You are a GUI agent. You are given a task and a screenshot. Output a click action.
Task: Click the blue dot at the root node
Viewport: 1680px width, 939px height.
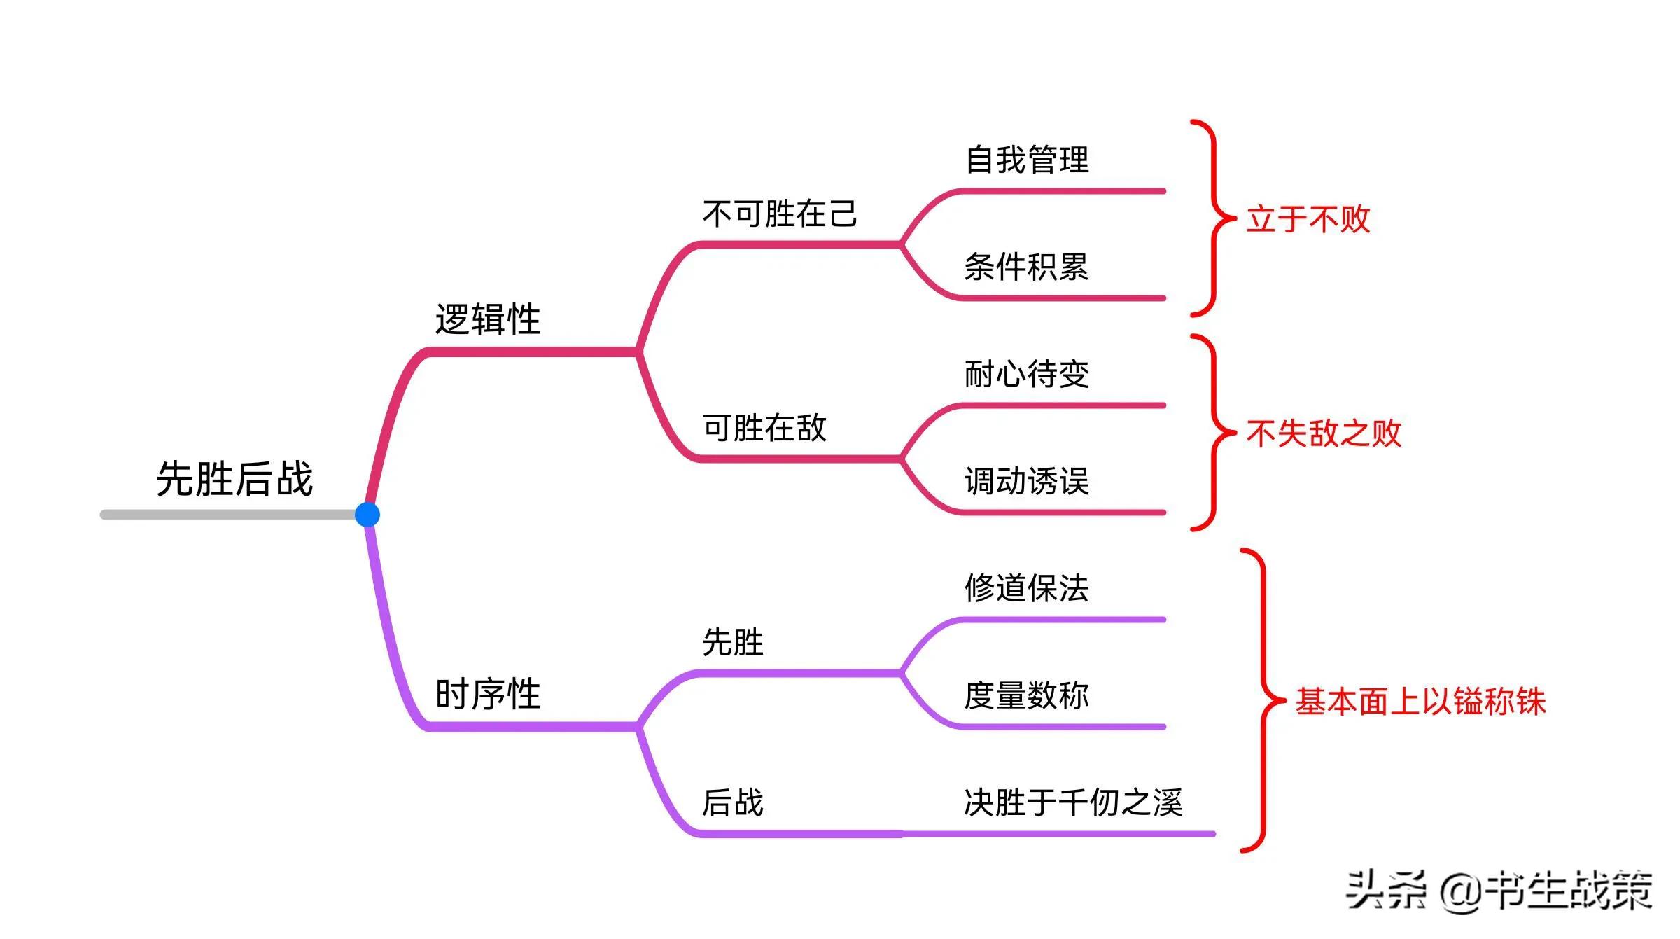tap(367, 515)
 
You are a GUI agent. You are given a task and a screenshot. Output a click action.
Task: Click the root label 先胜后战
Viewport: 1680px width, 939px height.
tap(234, 479)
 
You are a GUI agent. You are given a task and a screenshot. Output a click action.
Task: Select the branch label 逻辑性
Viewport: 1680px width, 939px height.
tap(488, 319)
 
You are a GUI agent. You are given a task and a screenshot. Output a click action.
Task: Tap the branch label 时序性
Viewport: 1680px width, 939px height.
tap(488, 694)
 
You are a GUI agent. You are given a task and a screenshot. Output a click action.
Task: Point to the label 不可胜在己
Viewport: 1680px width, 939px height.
tap(780, 214)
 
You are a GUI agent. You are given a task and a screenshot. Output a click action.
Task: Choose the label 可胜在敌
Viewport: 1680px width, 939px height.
tap(764, 428)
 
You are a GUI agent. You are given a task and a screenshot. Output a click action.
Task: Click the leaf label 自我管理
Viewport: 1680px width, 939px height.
tap(1027, 160)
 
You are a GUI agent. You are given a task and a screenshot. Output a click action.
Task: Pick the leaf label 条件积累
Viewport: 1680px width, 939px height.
tap(1027, 267)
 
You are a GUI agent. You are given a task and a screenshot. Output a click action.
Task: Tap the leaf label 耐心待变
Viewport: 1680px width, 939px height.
tap(1027, 374)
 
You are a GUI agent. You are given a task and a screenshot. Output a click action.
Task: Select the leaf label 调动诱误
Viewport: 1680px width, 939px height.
tap(1027, 482)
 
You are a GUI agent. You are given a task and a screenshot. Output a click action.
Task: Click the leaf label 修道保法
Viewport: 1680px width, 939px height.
tap(1027, 588)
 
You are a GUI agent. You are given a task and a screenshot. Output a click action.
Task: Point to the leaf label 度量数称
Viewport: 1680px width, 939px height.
tap(1027, 695)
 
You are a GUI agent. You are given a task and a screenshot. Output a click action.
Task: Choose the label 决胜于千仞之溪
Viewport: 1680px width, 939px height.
tap(1073, 802)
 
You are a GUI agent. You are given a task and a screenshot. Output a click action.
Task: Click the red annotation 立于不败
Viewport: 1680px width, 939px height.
tap(1308, 219)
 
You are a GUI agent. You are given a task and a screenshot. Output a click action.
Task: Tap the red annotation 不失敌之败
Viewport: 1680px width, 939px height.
tap(1324, 433)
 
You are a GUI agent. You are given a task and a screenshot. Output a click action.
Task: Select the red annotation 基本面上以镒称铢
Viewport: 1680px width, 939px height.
tap(1420, 701)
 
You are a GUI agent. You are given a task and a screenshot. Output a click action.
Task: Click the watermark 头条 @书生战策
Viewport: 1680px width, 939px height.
tap(1499, 891)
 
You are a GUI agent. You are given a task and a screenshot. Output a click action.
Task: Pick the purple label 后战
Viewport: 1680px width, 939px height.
tap(732, 802)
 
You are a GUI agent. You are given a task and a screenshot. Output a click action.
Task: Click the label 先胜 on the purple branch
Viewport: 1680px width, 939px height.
tap(732, 642)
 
